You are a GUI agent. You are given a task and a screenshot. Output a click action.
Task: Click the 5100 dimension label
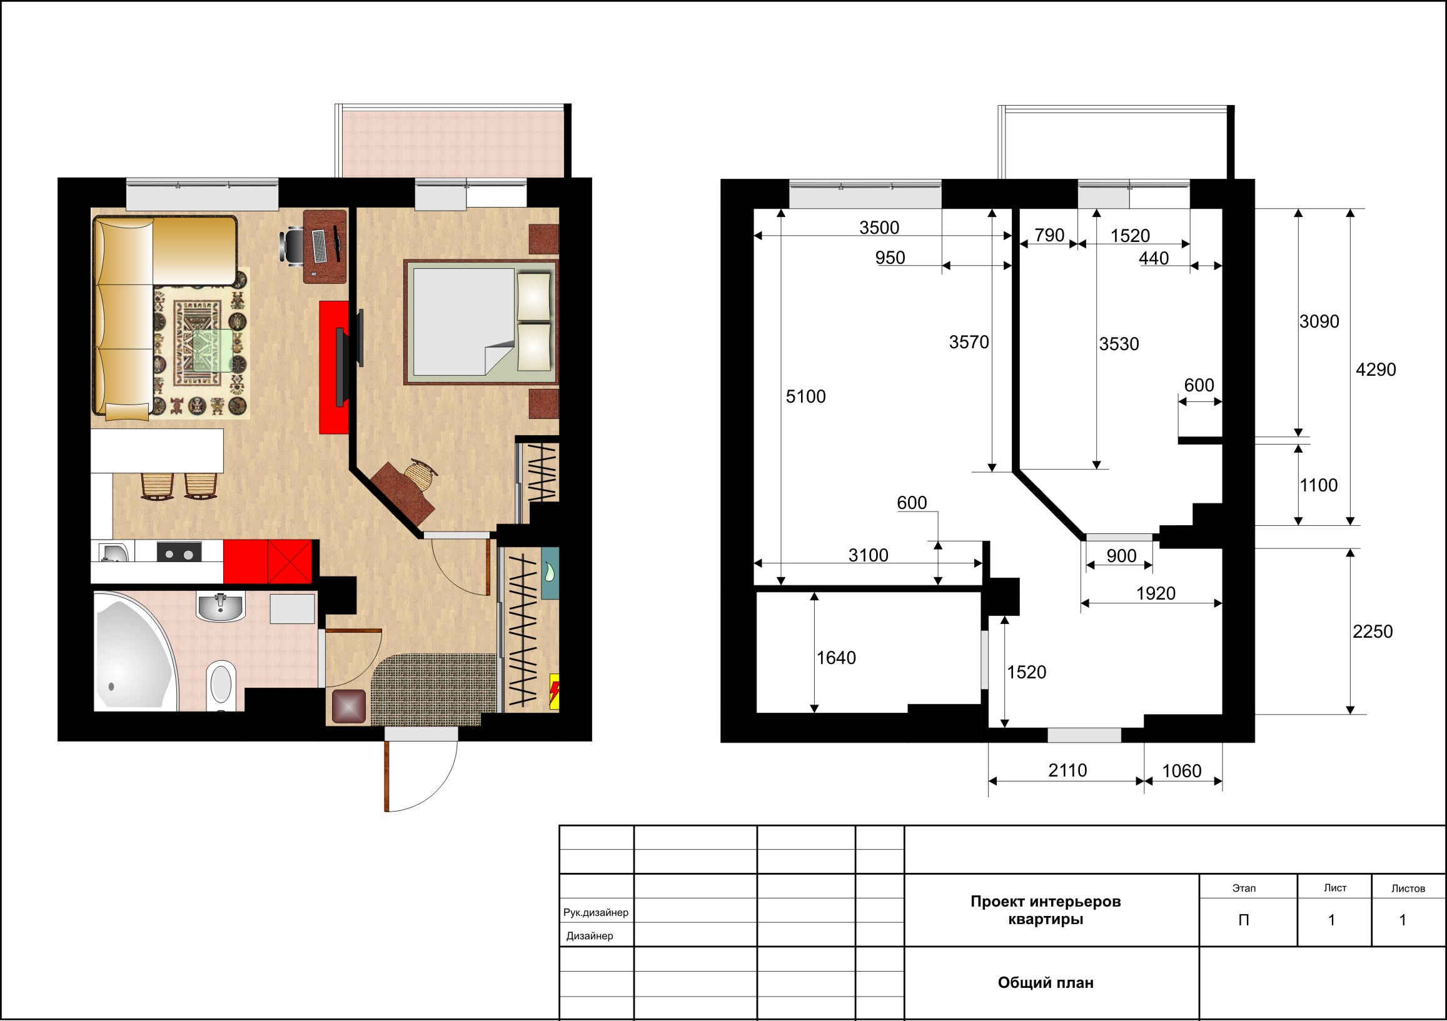(805, 396)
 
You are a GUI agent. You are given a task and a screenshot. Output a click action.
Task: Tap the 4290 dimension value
(1376, 370)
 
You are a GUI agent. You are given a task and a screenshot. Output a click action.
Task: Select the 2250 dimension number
(1373, 631)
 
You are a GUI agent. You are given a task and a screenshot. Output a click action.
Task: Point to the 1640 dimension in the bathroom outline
(836, 658)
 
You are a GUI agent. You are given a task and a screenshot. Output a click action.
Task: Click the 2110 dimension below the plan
(1067, 770)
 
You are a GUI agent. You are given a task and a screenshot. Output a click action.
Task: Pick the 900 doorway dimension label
(1122, 556)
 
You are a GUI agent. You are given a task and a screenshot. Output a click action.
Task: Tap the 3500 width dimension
(879, 228)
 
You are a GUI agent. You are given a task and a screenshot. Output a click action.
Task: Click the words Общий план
(1046, 983)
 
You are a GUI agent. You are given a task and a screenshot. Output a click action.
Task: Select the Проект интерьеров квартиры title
(1046, 910)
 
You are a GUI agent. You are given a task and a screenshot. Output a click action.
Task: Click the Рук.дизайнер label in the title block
(595, 913)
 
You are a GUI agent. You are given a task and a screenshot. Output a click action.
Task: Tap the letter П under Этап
(1243, 920)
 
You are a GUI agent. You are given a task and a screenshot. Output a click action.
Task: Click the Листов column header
(1408, 888)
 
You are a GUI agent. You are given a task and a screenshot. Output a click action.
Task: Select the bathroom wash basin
(221, 607)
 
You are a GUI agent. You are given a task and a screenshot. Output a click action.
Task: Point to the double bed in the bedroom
(481, 322)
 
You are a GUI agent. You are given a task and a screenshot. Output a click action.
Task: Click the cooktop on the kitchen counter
(179, 553)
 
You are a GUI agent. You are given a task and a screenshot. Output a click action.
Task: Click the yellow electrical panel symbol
(555, 692)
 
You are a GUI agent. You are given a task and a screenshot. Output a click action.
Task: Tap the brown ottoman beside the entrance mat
(348, 706)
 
